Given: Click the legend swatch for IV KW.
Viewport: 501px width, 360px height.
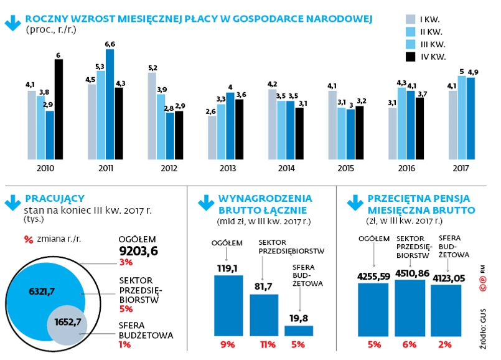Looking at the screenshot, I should coord(410,57).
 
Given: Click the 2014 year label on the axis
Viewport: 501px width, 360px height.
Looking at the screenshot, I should coord(287,168).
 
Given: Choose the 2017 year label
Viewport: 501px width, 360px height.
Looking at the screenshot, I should coord(462,168).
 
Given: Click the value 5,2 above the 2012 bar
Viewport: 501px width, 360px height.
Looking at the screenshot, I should coord(152,67).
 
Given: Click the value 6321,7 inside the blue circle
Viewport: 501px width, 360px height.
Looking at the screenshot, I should coord(43,290).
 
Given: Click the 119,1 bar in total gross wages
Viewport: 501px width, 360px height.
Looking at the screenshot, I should coord(228,305).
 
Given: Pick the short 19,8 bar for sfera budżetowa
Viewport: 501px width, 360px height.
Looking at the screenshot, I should coord(299,330).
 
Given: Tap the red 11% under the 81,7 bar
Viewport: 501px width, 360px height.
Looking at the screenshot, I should coord(264,345).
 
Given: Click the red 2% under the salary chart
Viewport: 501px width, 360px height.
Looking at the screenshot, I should coord(446,345).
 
